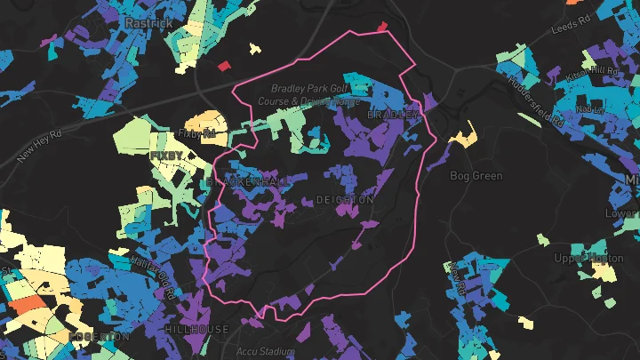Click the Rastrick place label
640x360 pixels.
click(x=148, y=22)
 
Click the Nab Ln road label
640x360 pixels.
click(x=589, y=108)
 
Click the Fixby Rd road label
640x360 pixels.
click(x=197, y=134)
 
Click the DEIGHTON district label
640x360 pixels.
click(x=345, y=201)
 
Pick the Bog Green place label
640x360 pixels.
click(x=476, y=176)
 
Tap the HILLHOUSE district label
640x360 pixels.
click(x=197, y=329)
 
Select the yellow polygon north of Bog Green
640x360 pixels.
click(x=464, y=136)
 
